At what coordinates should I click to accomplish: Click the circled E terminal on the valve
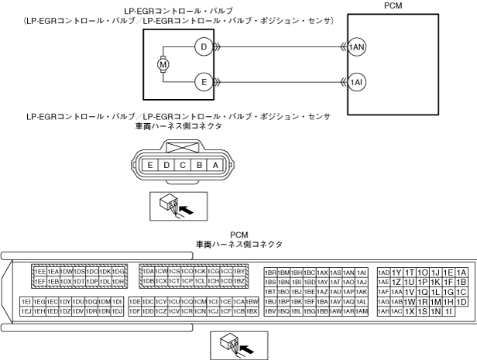[x=204, y=81]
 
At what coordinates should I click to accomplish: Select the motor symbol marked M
[x=163, y=65]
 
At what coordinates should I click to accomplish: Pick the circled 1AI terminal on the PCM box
[x=357, y=81]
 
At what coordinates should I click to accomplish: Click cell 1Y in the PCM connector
[x=396, y=273]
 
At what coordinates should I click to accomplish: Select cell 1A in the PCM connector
[x=462, y=273]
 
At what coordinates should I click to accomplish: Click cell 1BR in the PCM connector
[x=270, y=273]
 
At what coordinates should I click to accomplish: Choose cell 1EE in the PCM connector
[x=39, y=272]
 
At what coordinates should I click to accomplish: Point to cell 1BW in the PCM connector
[x=252, y=301]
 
